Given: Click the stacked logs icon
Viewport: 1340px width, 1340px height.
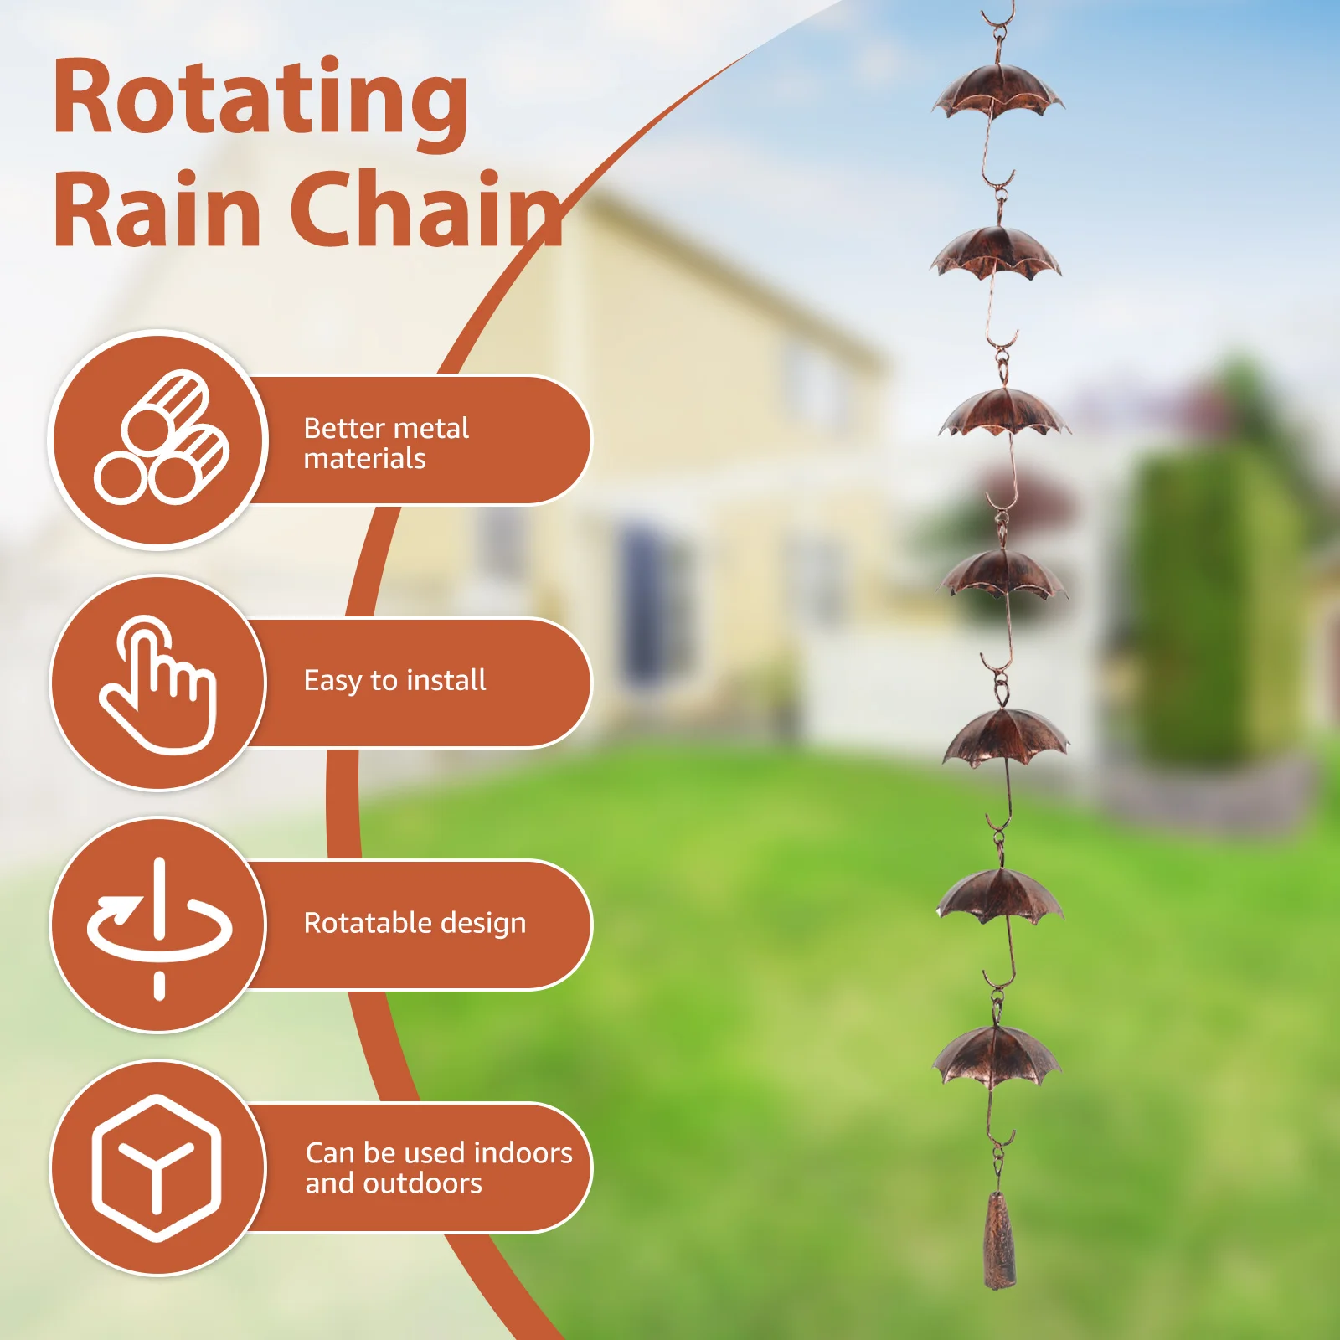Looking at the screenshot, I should coord(161,439).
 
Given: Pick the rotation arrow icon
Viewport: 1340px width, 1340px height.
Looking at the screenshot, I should coord(159,926).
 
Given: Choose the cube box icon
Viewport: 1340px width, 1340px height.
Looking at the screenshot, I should coord(157,1167).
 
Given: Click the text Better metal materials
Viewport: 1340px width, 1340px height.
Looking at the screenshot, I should coord(385,443).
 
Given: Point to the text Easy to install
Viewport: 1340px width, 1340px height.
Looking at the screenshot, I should coord(394,680).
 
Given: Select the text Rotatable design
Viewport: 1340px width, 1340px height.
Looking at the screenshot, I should coord(415,923).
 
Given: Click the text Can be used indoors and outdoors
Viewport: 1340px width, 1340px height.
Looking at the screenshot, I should coord(438,1167).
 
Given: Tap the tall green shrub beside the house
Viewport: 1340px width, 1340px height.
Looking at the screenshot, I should coord(1206,603).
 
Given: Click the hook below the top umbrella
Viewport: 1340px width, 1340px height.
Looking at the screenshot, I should coord(997,172).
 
